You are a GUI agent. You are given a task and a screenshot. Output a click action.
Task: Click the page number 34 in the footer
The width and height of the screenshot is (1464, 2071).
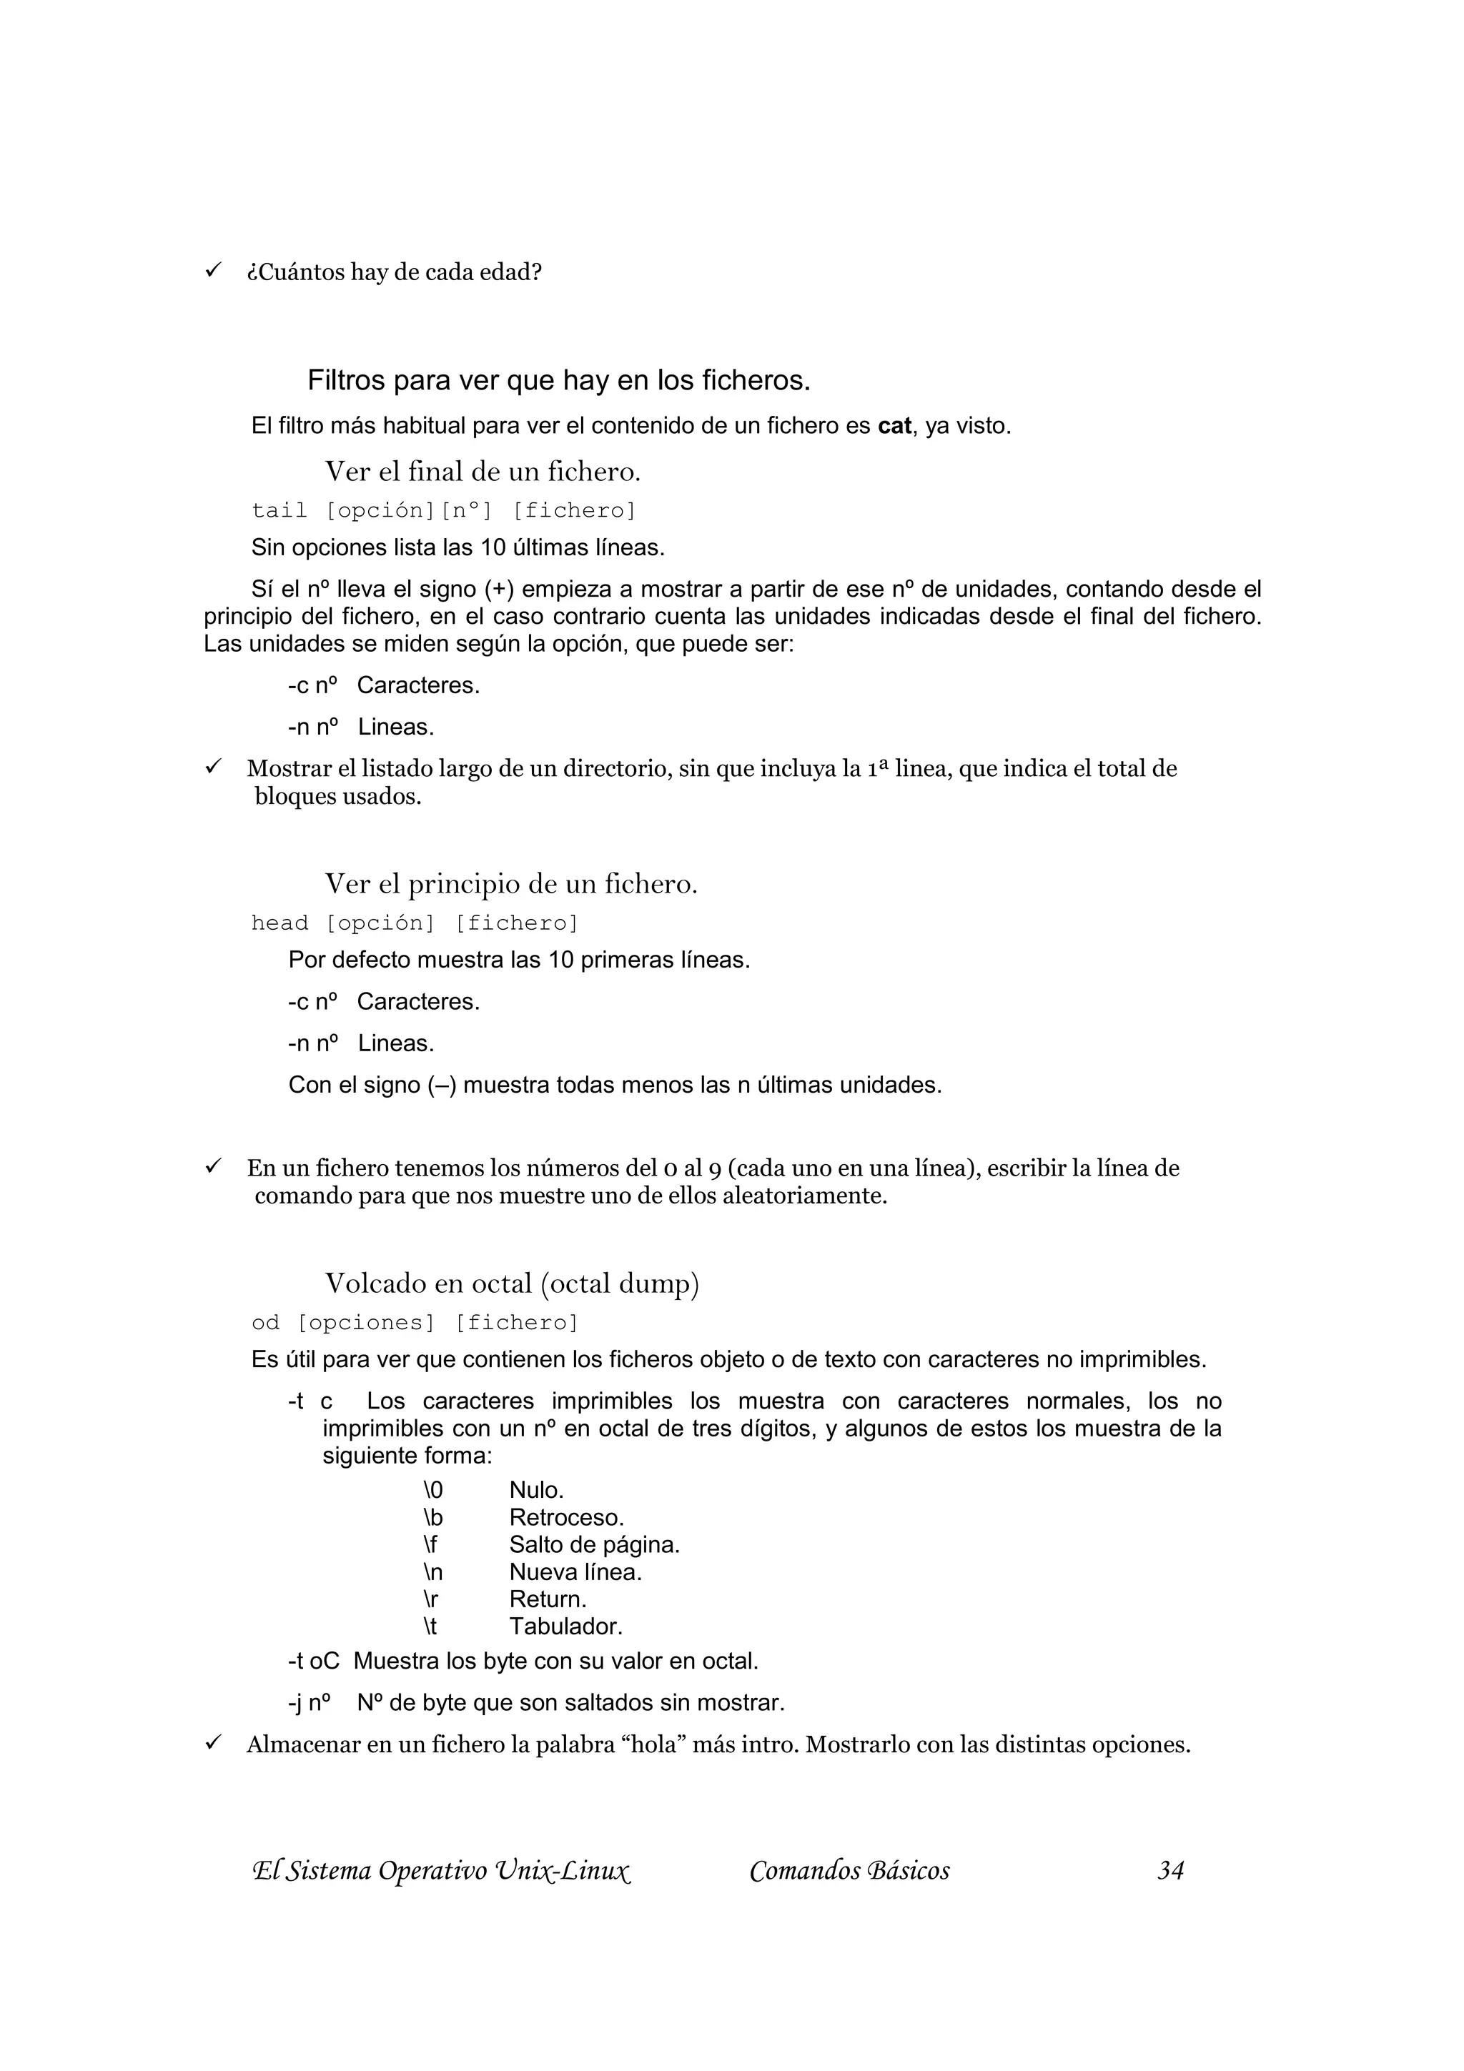pyautogui.click(x=1170, y=1871)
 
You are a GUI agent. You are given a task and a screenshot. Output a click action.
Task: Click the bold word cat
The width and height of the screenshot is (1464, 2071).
pyautogui.click(x=894, y=426)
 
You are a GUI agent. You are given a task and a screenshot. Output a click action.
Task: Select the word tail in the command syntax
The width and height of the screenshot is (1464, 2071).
pyautogui.click(x=279, y=510)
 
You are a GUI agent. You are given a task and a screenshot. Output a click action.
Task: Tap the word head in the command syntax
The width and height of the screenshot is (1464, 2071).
pyautogui.click(x=280, y=923)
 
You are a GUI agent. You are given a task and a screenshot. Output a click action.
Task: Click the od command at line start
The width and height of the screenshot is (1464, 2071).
pyautogui.click(x=265, y=1322)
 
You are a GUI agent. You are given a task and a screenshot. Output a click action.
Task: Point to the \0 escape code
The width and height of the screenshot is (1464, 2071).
pyautogui.click(x=433, y=1490)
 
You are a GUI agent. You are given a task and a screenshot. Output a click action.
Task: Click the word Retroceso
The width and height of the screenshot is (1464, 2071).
pyautogui.click(x=566, y=1517)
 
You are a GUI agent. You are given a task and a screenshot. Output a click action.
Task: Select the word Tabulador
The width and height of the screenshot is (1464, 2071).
pyautogui.click(x=565, y=1626)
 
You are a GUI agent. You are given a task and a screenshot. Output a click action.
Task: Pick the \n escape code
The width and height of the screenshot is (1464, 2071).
pyautogui.click(x=433, y=1572)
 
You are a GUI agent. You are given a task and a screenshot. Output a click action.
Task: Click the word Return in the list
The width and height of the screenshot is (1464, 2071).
pyautogui.click(x=548, y=1599)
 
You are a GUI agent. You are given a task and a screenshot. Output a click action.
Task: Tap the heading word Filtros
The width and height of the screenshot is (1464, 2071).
pyautogui.click(x=347, y=381)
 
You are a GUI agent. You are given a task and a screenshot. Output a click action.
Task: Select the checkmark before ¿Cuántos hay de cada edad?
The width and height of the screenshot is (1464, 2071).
pyautogui.click(x=213, y=269)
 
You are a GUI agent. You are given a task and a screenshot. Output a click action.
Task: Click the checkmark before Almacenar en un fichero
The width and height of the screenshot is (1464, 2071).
pyautogui.click(x=213, y=1743)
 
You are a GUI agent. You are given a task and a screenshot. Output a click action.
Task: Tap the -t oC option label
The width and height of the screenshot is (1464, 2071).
pyautogui.click(x=314, y=1661)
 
